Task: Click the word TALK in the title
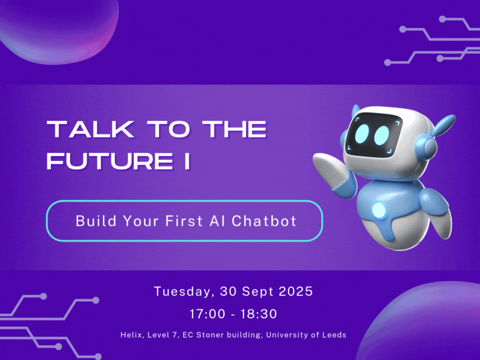(x=90, y=129)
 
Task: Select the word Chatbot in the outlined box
(x=264, y=221)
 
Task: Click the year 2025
(x=296, y=291)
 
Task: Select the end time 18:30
(x=259, y=314)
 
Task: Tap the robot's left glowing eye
(x=362, y=133)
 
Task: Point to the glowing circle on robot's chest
(x=379, y=210)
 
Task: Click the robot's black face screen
(x=374, y=135)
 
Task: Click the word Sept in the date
(x=257, y=292)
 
